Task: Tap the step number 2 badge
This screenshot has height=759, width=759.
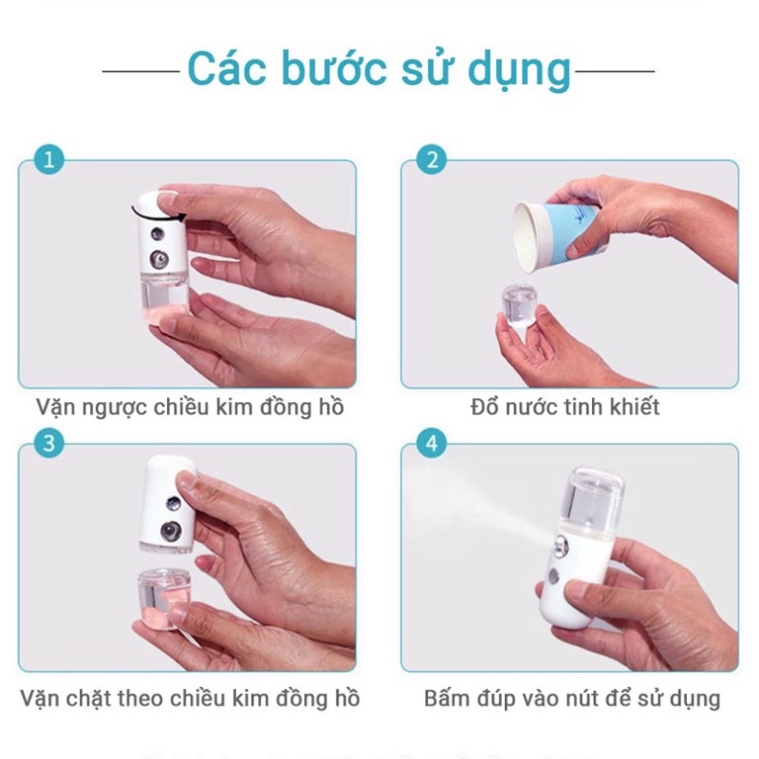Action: click(433, 158)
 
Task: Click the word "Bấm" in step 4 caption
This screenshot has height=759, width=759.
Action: click(448, 698)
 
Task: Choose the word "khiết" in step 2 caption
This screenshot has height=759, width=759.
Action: click(635, 407)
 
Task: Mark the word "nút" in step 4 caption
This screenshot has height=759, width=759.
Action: click(598, 698)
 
